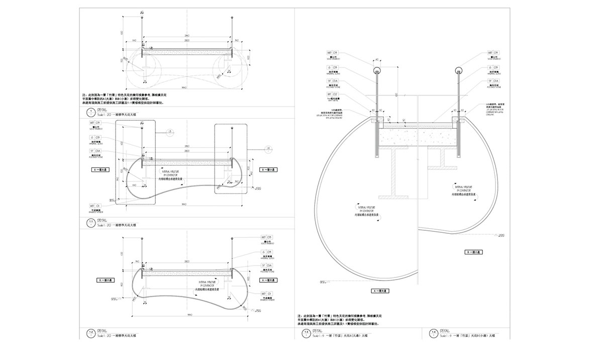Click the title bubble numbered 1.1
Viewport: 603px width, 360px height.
pyautogui.click(x=90, y=222)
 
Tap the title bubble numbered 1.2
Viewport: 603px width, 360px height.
pyautogui.click(x=90, y=333)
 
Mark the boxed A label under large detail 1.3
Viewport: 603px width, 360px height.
pyautogui.click(x=382, y=291)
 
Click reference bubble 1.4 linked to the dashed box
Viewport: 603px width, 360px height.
pyautogui.click(x=268, y=148)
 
